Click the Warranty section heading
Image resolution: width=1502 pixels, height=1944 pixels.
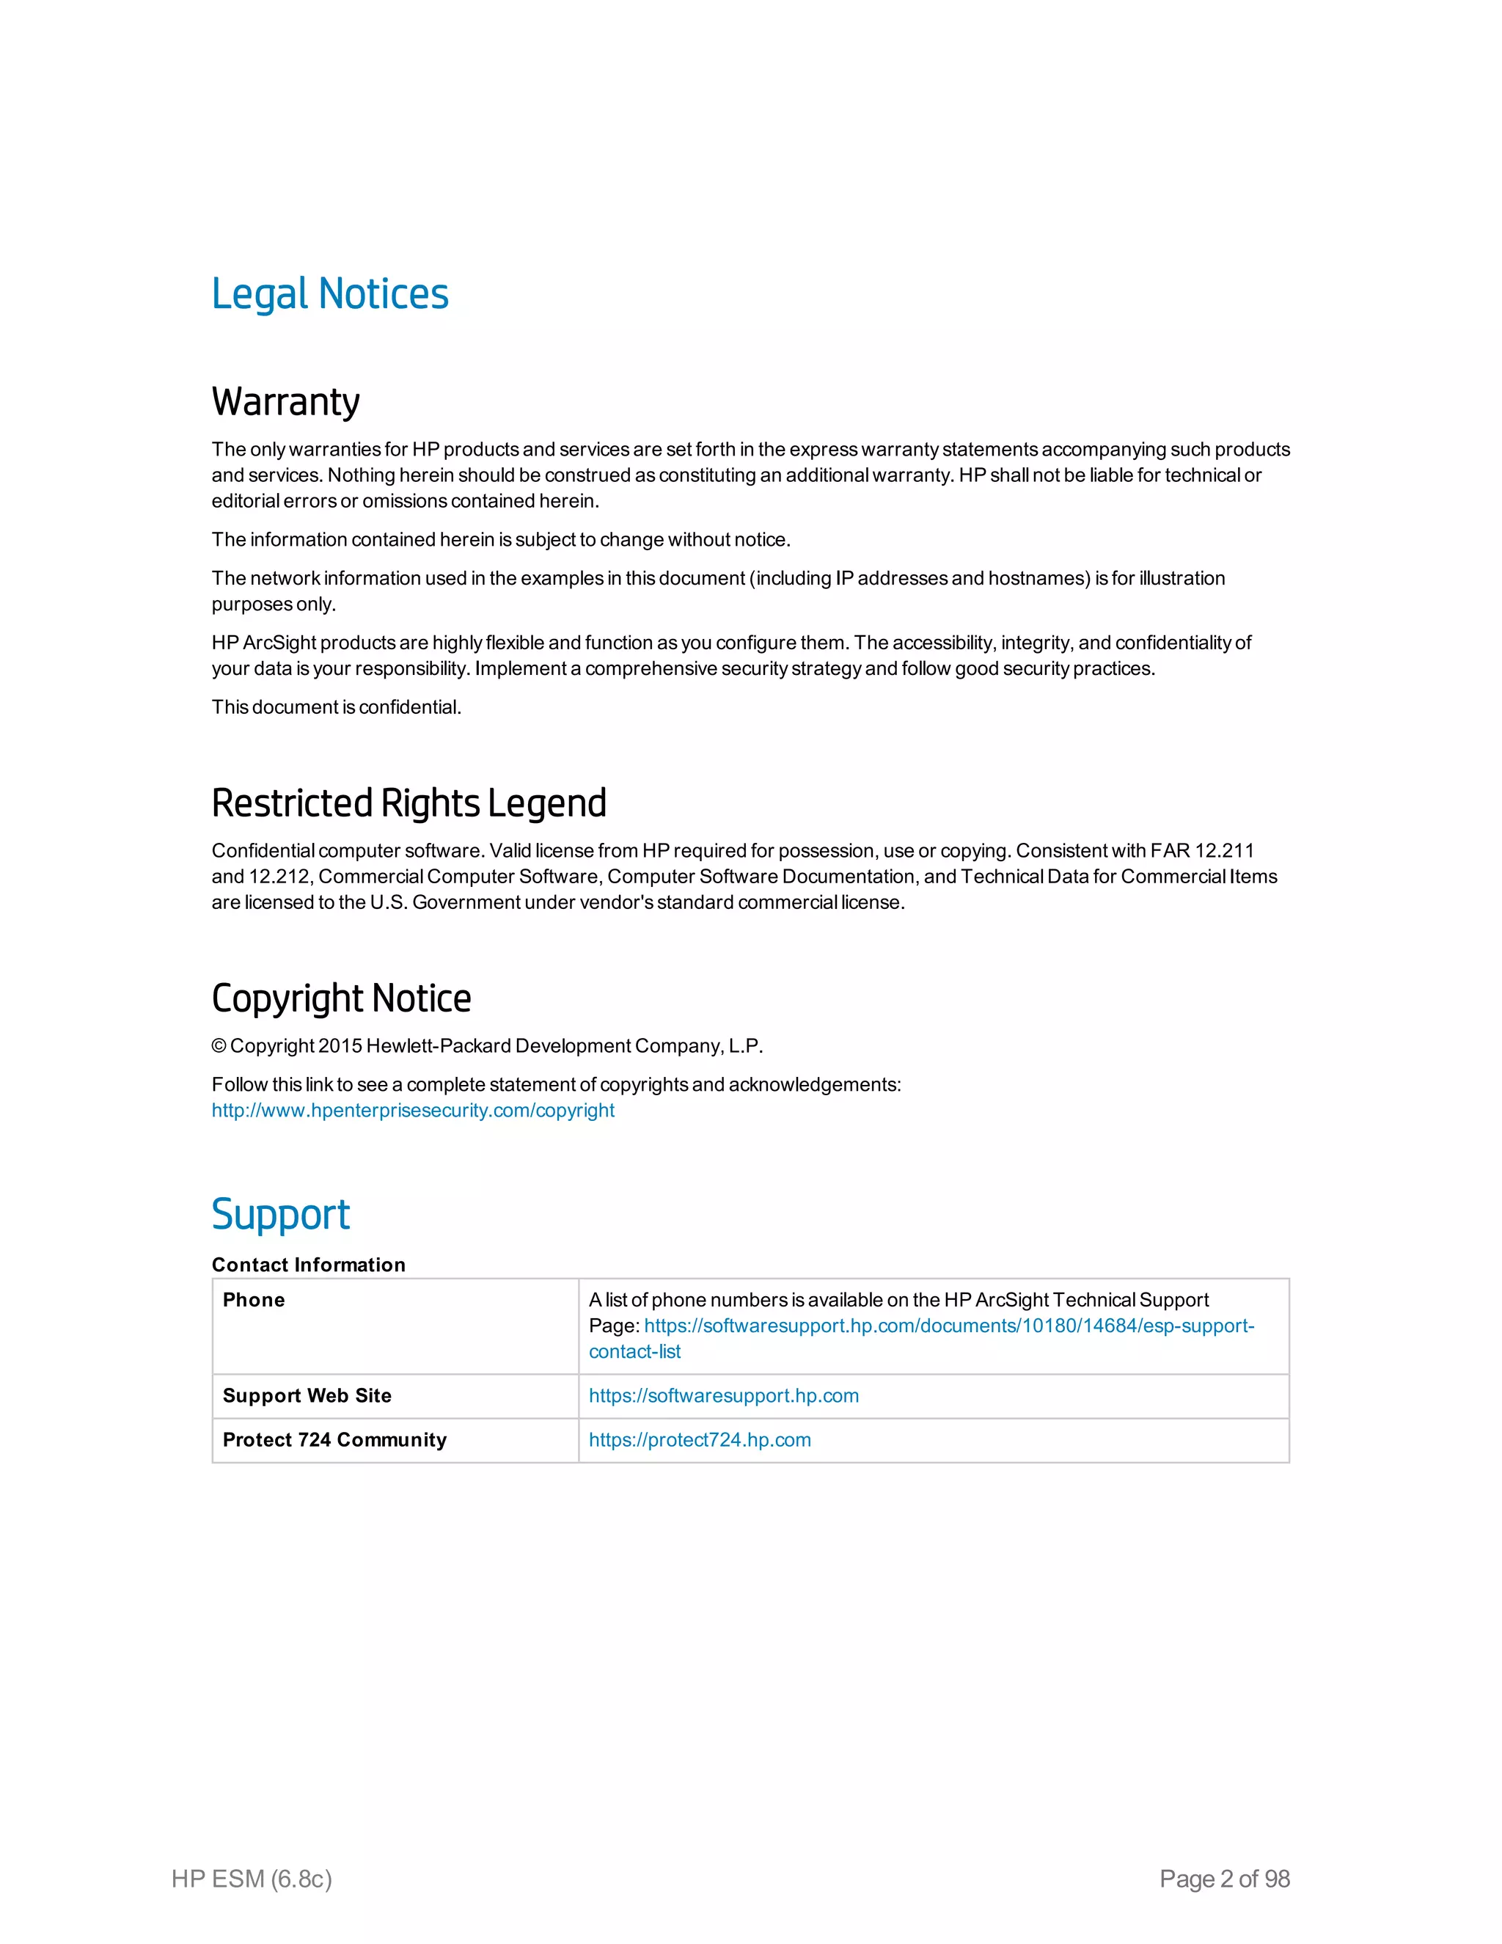click(x=285, y=401)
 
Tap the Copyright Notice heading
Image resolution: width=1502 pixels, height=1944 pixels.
click(x=341, y=998)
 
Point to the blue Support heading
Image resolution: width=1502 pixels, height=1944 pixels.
click(x=280, y=1214)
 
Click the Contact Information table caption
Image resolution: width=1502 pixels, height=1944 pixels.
click(x=308, y=1265)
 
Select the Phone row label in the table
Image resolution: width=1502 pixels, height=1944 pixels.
click(x=254, y=1300)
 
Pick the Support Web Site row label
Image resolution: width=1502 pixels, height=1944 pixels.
click(x=307, y=1396)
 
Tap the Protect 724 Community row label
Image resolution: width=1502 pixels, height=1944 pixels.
click(x=334, y=1439)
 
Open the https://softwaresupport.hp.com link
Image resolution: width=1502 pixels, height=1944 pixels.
click(x=723, y=1396)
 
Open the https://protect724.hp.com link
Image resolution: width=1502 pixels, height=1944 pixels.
click(x=700, y=1439)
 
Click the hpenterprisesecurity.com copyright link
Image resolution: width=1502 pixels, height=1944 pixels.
click(x=413, y=1110)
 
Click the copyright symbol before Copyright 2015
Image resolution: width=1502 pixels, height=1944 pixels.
click(x=219, y=1046)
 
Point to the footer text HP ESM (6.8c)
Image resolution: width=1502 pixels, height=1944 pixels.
click(x=252, y=1878)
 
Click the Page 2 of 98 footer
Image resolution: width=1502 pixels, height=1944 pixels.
click(x=1224, y=1878)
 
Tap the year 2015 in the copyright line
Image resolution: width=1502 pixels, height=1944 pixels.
click(x=340, y=1046)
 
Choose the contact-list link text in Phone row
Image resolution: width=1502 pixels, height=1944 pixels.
click(x=634, y=1351)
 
